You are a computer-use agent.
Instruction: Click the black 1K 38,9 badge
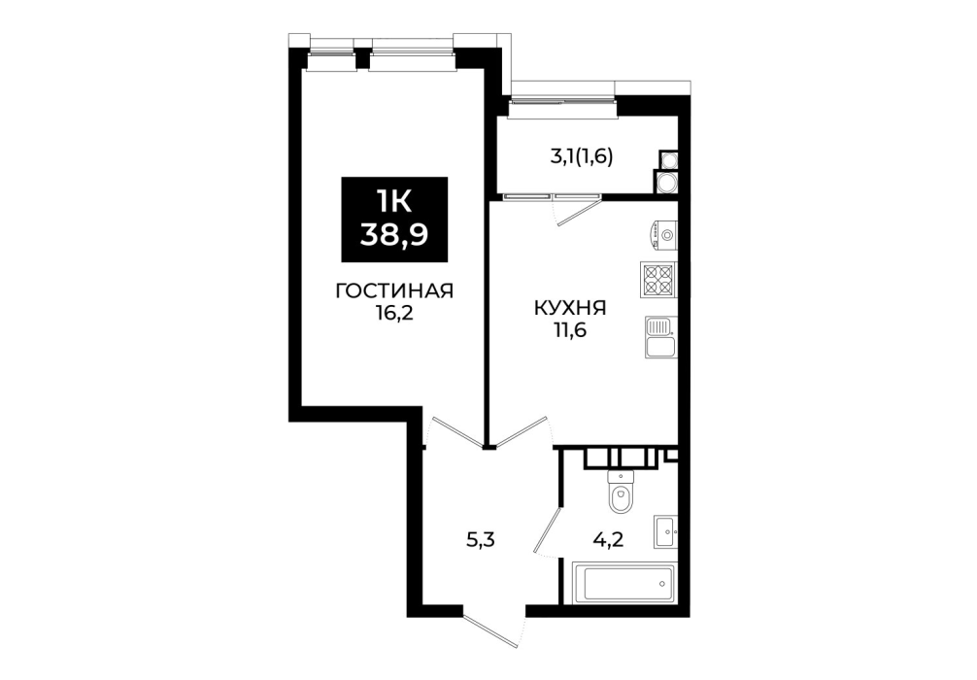pos(394,220)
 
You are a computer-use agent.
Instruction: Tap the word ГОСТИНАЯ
pos(393,291)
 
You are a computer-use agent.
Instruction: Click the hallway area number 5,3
pos(481,540)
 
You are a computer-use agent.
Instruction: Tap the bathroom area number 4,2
pos(608,540)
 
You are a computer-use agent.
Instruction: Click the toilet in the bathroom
pos(621,492)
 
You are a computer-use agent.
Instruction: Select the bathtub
pos(623,584)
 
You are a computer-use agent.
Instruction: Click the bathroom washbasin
pos(665,531)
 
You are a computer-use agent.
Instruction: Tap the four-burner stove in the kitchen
pos(658,280)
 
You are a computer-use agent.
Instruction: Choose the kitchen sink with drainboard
pos(660,336)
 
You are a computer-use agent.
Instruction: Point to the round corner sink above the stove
pos(664,235)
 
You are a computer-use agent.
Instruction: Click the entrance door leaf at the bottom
pos(491,630)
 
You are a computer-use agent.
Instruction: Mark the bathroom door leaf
pos(549,528)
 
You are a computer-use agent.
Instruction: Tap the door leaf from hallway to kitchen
pos(522,432)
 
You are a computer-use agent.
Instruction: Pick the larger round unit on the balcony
pos(666,183)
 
